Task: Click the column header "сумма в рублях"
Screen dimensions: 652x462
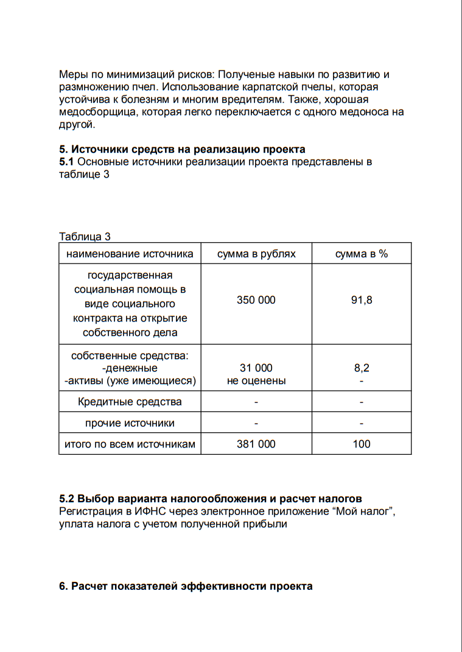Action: pos(256,254)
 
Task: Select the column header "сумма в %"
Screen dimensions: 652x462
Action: pos(362,254)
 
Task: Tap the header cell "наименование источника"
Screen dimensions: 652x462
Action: pos(130,254)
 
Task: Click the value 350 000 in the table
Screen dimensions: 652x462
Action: pos(256,300)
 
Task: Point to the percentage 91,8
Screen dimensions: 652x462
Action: pos(362,300)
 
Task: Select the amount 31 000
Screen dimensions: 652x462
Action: pos(256,368)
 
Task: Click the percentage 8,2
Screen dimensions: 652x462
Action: pos(362,368)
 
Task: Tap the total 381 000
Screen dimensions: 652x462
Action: pos(256,444)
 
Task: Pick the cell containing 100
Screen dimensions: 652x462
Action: pos(362,444)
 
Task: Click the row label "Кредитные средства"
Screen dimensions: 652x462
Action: pos(130,402)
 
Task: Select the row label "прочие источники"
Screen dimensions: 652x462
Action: pos(130,423)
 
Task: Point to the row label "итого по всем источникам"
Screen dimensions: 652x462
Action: pos(130,444)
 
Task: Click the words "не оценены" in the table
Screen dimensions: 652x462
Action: pos(256,381)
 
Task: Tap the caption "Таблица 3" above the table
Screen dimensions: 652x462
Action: pos(85,237)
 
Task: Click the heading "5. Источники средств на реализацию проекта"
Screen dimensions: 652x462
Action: pos(182,149)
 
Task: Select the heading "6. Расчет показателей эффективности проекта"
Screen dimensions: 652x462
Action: pos(186,586)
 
